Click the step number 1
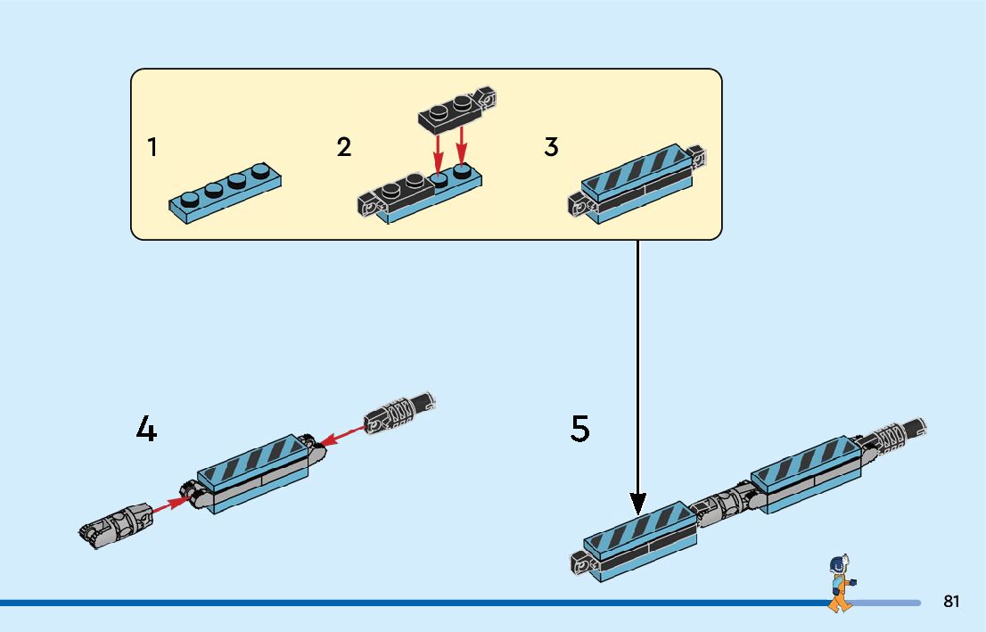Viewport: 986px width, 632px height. pos(152,147)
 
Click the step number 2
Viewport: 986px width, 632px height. pos(344,147)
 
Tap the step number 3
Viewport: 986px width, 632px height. pos(551,147)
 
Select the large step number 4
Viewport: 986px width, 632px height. pos(146,431)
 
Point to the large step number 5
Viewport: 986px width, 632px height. pos(580,430)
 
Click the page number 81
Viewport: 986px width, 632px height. pos(951,602)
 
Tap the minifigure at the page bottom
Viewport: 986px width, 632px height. pos(839,583)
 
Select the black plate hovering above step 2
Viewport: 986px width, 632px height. pos(456,107)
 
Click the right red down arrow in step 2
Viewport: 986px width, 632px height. pos(462,147)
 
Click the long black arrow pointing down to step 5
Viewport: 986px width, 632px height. pos(637,374)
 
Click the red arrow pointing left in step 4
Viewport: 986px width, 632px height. pos(342,434)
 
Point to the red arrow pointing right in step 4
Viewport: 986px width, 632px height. pos(169,505)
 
